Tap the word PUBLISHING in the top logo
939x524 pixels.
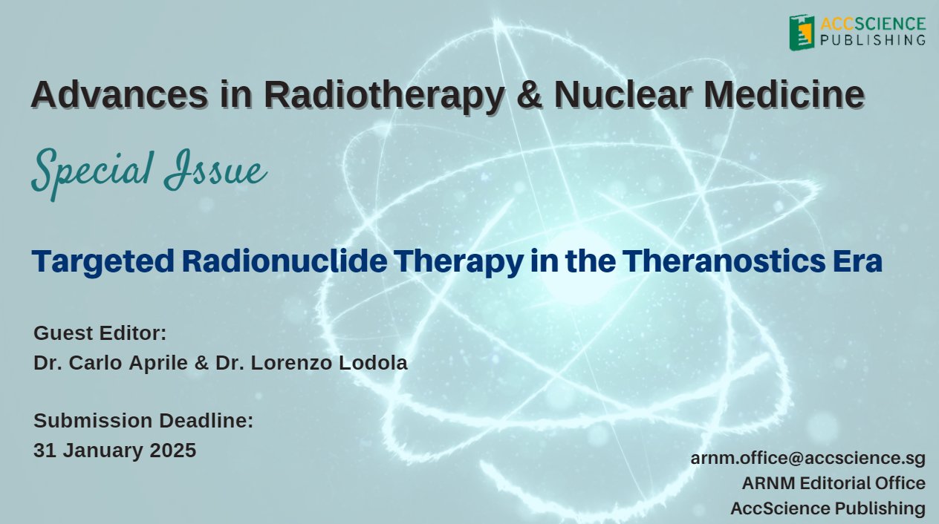873,39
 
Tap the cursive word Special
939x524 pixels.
82,172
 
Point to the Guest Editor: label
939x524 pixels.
100,333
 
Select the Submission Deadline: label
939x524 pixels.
143,421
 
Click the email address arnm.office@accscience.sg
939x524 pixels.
808,458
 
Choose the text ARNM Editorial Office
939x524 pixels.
834,483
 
